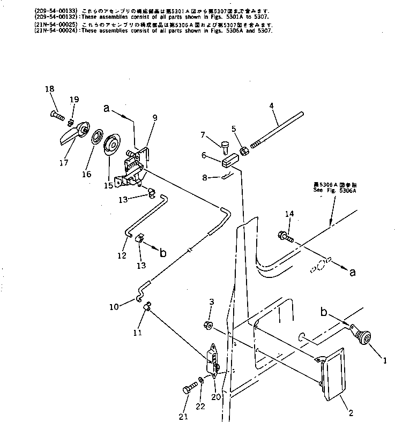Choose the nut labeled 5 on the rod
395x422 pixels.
click(242, 151)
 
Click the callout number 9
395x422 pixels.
click(154, 118)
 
